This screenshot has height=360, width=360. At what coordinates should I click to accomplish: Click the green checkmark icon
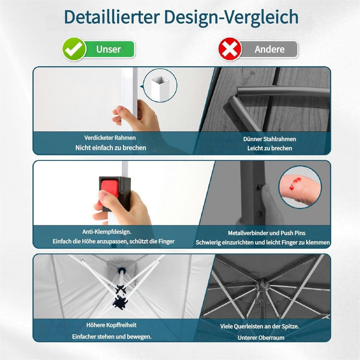pyautogui.click(x=74, y=49)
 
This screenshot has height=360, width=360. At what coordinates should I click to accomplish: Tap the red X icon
pyautogui.click(x=230, y=49)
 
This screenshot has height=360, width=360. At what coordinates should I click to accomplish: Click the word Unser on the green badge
pyautogui.click(x=109, y=49)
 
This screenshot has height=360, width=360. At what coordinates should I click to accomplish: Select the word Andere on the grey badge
pyautogui.click(x=269, y=49)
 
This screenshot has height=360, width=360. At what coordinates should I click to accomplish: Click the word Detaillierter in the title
pyautogui.click(x=112, y=17)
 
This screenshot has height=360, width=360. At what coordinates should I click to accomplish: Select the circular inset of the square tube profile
pyautogui.click(x=160, y=85)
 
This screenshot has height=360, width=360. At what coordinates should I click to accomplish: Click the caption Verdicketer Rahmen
pyautogui.click(x=110, y=138)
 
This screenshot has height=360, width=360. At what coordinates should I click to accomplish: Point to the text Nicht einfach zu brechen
pyautogui.click(x=111, y=148)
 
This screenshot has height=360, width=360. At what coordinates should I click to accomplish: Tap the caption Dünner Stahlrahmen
pyautogui.click(x=270, y=139)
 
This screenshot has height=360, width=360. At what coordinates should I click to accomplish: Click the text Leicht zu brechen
pyautogui.click(x=270, y=148)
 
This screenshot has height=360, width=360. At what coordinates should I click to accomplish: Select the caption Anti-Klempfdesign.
pyautogui.click(x=107, y=232)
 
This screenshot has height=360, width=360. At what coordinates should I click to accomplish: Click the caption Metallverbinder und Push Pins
pyautogui.click(x=267, y=233)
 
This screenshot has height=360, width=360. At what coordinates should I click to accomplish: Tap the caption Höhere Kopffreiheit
pyautogui.click(x=111, y=325)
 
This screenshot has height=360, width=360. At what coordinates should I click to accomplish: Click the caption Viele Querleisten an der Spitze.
pyautogui.click(x=260, y=326)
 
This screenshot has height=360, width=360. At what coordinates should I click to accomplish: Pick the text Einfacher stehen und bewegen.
pyautogui.click(x=112, y=337)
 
